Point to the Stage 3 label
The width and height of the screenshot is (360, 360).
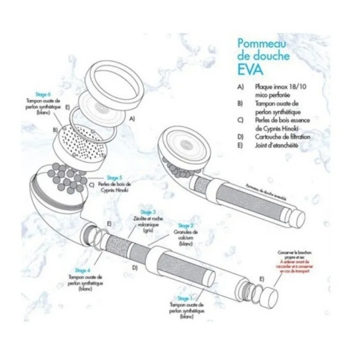click(148, 212)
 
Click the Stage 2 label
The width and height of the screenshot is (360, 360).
click(186, 225)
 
